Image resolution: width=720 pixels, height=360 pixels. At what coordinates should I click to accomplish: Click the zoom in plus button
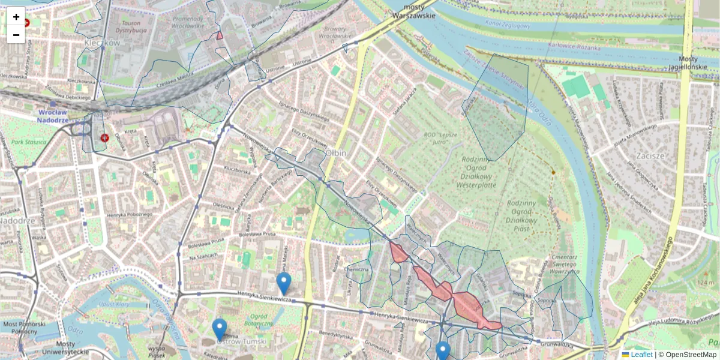point(16,17)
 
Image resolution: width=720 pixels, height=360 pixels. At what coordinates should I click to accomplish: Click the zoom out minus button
point(16,35)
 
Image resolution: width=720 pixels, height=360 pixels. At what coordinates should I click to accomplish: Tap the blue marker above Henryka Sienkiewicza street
point(284,283)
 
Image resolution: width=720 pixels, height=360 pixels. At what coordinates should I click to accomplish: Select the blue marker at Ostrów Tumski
point(220,329)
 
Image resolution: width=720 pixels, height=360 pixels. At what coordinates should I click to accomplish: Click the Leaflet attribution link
point(641,355)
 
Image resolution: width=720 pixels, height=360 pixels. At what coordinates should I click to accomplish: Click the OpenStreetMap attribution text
point(692,355)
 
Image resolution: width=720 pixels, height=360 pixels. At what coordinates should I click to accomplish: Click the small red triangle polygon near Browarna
point(220,35)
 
